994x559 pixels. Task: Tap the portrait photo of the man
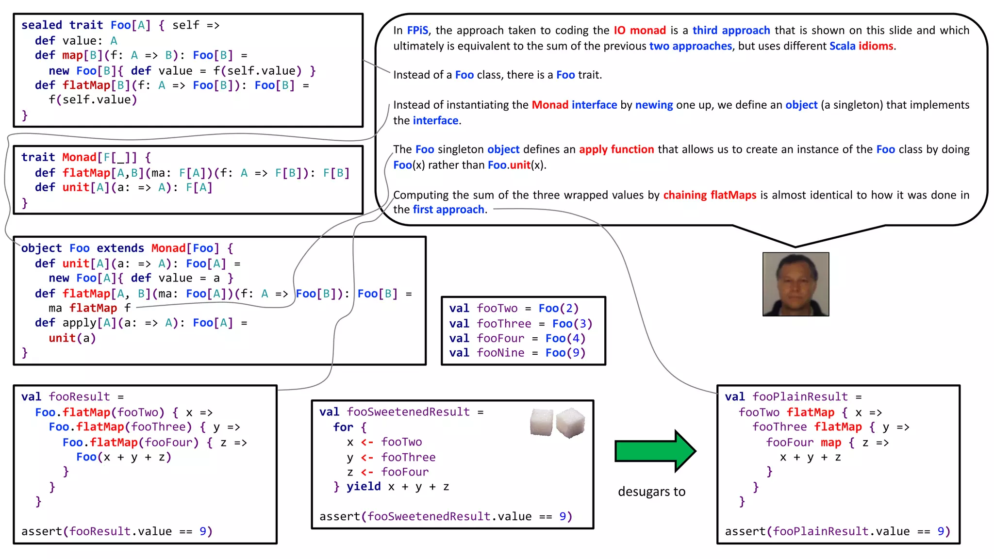(795, 284)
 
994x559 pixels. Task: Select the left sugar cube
(541, 422)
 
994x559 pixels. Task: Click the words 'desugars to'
(651, 492)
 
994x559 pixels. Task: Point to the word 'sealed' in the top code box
(42, 25)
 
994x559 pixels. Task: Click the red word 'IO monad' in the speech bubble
(640, 31)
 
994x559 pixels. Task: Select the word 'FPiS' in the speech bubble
(417, 31)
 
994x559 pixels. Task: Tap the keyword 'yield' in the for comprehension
(364, 486)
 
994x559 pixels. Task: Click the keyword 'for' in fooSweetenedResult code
(343, 427)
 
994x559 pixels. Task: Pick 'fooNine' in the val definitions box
(500, 353)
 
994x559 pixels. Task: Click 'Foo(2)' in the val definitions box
(559, 308)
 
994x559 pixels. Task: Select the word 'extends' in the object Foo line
(120, 248)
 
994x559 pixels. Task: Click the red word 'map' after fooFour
(831, 443)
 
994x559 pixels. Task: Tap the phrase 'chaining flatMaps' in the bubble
(710, 195)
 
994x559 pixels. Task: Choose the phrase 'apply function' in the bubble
(616, 149)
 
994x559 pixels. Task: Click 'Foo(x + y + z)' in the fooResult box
(124, 457)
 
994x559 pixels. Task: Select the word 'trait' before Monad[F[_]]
(38, 157)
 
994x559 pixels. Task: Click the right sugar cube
(570, 422)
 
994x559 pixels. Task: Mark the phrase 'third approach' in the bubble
(731, 31)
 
